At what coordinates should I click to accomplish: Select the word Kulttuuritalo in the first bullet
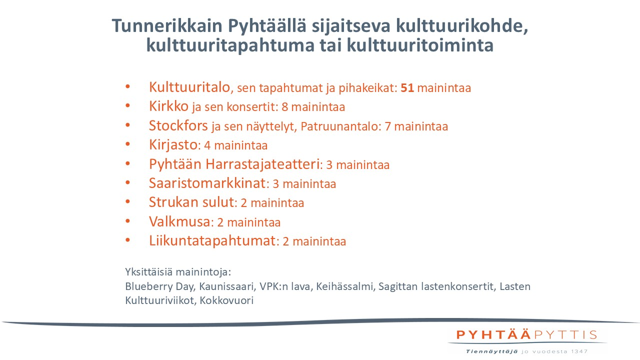click(190, 87)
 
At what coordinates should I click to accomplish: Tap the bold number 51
click(407, 88)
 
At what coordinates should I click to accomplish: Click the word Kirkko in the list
click(168, 106)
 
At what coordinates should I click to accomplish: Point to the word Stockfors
click(178, 125)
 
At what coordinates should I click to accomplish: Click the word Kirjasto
click(173, 145)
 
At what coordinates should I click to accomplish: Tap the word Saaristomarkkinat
click(206, 183)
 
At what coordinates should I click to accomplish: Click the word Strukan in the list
click(170, 202)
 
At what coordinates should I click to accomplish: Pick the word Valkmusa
click(179, 221)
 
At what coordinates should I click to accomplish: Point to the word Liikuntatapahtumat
click(212, 240)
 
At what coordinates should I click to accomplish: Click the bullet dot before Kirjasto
click(128, 145)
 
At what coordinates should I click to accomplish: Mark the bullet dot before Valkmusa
click(128, 221)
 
